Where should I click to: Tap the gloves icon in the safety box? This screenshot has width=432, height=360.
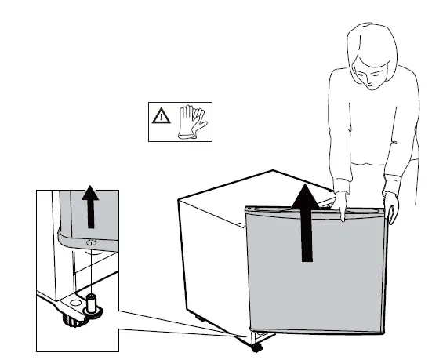tap(190, 122)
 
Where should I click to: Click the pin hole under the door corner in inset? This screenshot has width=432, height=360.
tap(89, 245)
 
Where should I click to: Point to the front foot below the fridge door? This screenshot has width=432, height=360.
tap(257, 343)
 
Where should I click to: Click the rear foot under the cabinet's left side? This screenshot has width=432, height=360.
tap(200, 318)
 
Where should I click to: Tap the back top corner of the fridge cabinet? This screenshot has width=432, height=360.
tap(272, 169)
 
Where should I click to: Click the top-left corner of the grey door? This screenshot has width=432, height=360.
tap(245, 209)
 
